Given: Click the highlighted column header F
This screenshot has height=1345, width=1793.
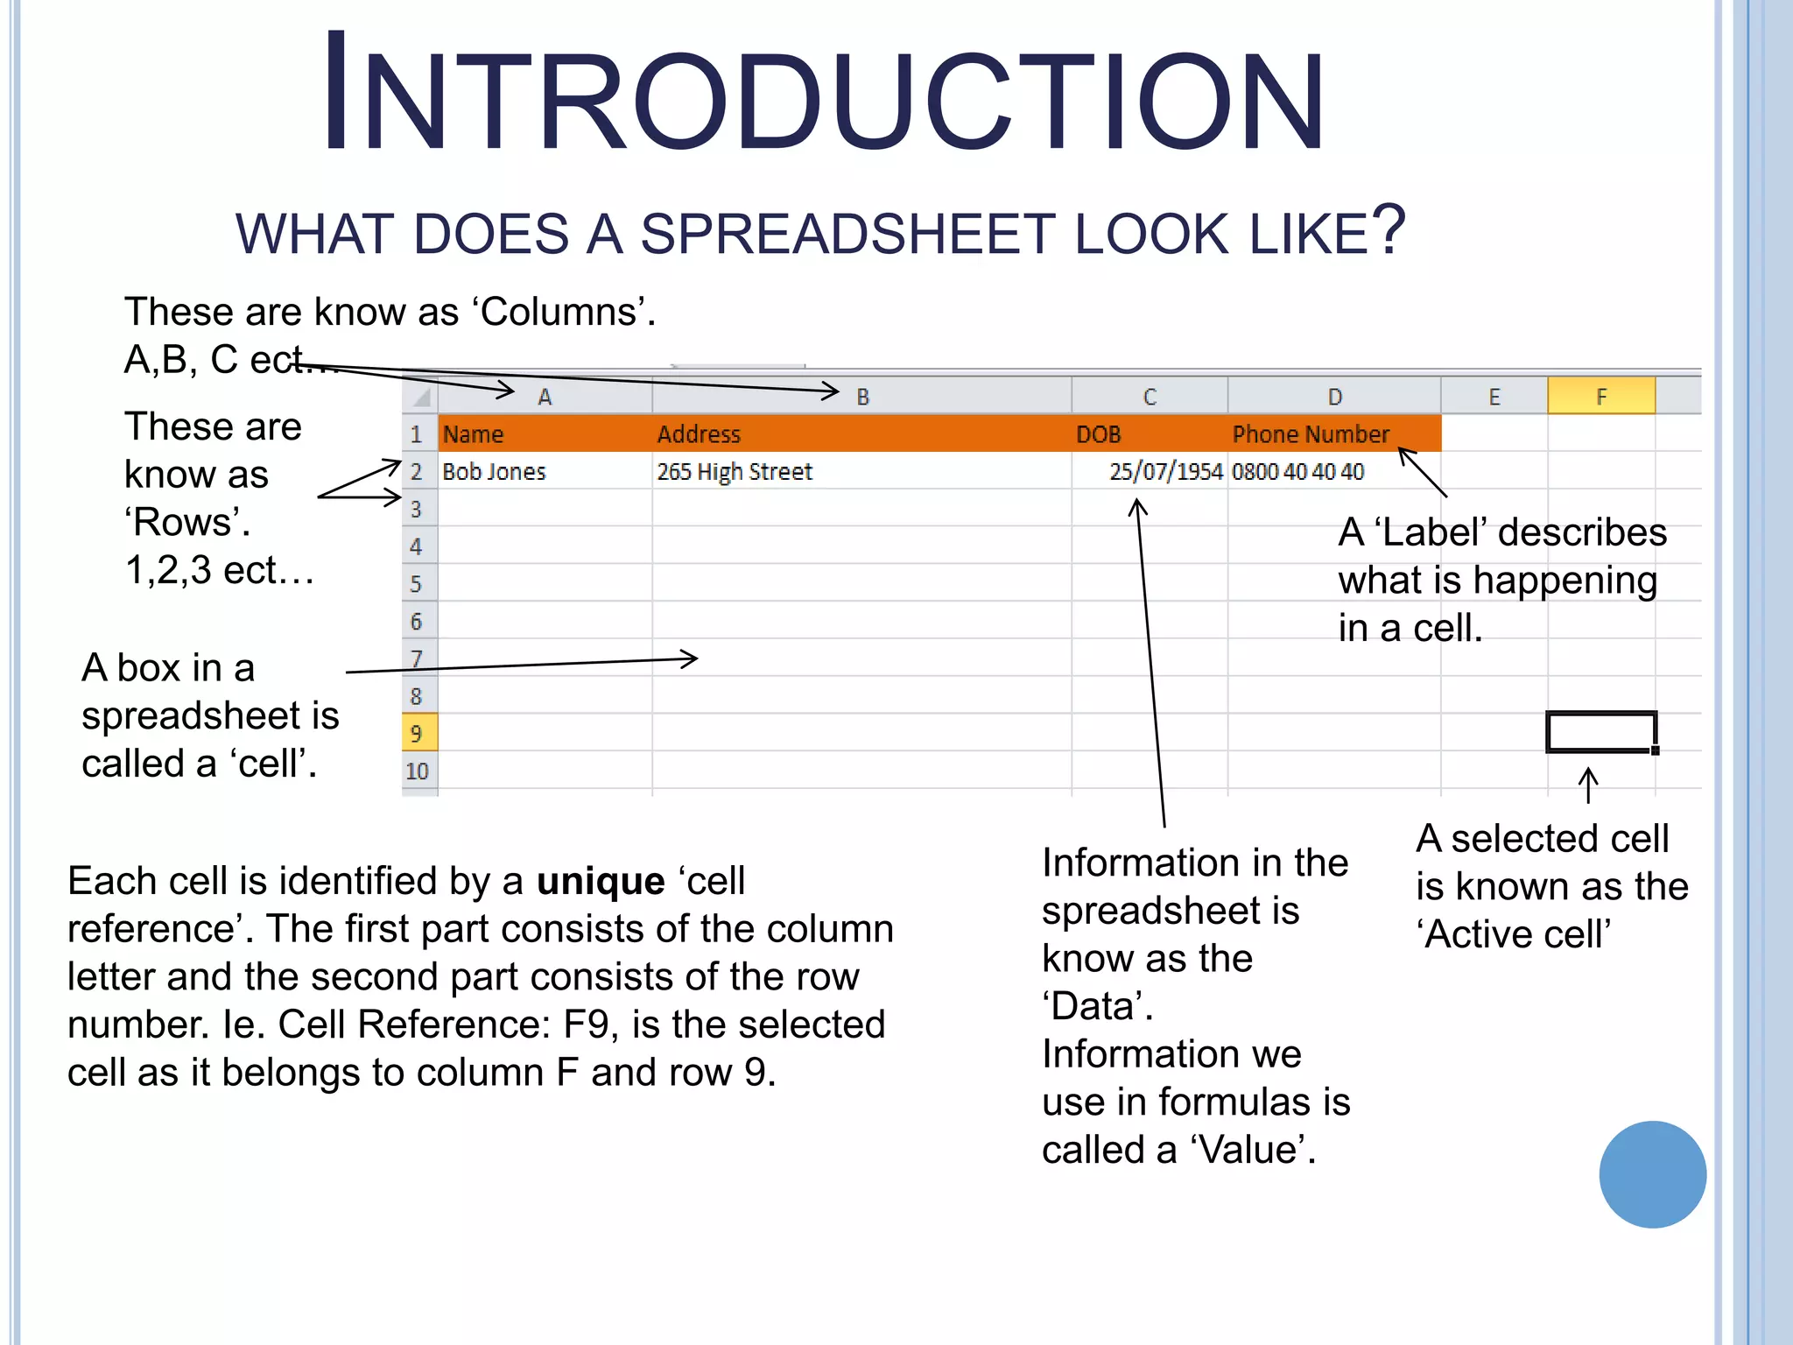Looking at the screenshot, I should coord(1600,396).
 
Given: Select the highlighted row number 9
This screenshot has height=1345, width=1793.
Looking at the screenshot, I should coord(417,733).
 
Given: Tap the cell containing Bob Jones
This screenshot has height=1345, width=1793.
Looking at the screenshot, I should coord(494,472).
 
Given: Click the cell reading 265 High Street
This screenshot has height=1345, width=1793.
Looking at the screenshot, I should coord(735,472).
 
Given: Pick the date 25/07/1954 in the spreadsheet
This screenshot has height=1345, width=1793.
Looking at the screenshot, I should coord(1165,472).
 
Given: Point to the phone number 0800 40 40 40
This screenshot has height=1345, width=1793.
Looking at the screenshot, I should coord(1297,472).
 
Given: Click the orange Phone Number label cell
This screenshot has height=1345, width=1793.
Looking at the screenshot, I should coord(1311,434).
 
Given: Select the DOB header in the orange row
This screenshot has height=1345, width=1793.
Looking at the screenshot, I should coord(1098,434).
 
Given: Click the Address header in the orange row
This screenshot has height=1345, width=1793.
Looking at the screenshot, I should coord(699,434).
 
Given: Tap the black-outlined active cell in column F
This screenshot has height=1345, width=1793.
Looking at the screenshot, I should coord(1600,732).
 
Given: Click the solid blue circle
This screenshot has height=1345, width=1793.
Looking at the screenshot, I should coord(1652,1174).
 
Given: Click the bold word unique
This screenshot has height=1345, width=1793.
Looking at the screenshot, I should coord(601,881).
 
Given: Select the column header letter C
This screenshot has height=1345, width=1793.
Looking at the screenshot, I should coord(1150,397).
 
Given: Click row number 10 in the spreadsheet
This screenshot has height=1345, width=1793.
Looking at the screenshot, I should coord(417,771).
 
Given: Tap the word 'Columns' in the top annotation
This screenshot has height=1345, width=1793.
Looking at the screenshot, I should coord(563,312).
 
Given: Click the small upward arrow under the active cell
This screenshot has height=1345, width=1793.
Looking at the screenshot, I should coord(1588,785).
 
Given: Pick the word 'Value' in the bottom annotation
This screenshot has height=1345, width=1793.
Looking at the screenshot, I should coord(1252,1150).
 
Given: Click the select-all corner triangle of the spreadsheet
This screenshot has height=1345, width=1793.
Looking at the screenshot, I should coord(421,398).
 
